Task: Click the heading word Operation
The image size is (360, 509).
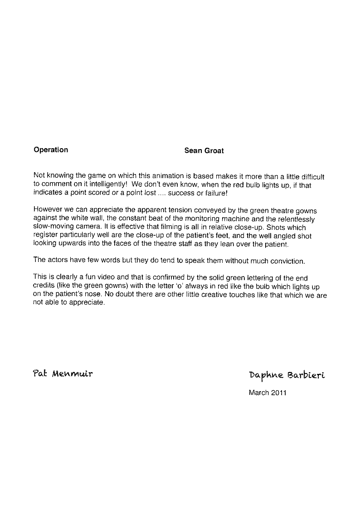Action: click(x=51, y=150)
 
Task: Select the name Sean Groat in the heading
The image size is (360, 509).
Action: click(x=204, y=151)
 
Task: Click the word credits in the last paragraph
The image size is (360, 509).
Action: click(x=45, y=286)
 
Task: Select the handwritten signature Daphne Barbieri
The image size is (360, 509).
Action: click(x=287, y=375)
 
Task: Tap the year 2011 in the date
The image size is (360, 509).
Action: click(x=278, y=393)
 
